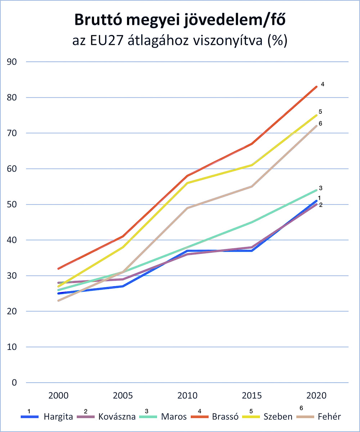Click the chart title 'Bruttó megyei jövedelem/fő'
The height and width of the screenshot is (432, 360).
(180, 21)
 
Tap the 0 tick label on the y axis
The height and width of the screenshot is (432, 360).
(14, 382)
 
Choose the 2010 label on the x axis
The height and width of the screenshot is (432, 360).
(188, 395)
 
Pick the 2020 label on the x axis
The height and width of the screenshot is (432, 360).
(316, 395)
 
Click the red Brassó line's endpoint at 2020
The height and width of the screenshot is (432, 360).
(316, 87)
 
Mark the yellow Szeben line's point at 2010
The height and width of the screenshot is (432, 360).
(188, 183)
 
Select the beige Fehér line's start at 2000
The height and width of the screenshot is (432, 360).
(58, 301)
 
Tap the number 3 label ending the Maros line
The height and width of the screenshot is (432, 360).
(320, 188)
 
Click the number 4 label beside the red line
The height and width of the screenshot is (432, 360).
(323, 85)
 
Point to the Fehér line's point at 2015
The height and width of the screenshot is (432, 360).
(252, 186)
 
